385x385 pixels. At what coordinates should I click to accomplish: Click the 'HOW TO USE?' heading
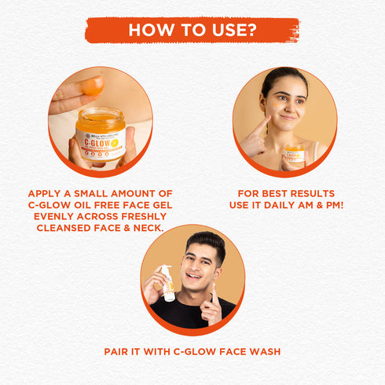192,30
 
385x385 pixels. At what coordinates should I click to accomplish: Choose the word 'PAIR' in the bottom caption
119,351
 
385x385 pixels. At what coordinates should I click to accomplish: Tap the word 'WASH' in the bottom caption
262,351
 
